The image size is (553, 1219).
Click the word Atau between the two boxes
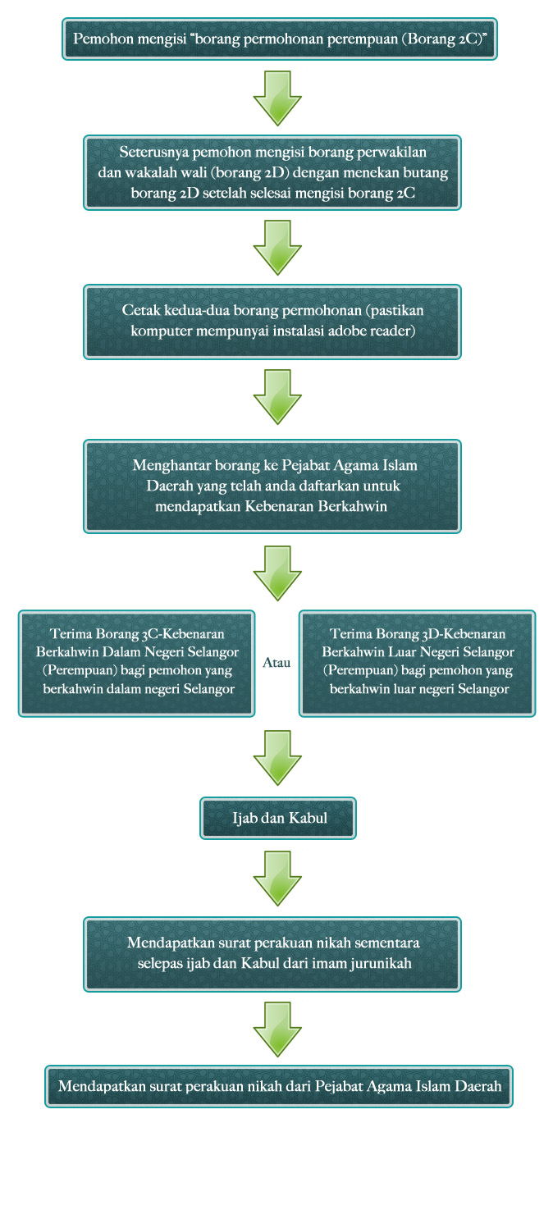(x=276, y=662)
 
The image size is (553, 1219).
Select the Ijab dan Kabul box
(x=277, y=818)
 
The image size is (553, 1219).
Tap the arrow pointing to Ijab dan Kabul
(x=277, y=757)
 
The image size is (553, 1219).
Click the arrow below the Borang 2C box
(x=277, y=98)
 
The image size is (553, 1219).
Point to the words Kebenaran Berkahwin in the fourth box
(x=316, y=506)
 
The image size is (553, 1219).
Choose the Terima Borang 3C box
(x=137, y=663)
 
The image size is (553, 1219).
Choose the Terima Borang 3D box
(x=418, y=663)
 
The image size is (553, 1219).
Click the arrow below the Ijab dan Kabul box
(x=277, y=879)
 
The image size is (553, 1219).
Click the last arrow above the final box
(x=277, y=1030)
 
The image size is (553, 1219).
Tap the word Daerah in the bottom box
(x=478, y=1086)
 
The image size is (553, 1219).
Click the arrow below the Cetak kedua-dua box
(x=277, y=397)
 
